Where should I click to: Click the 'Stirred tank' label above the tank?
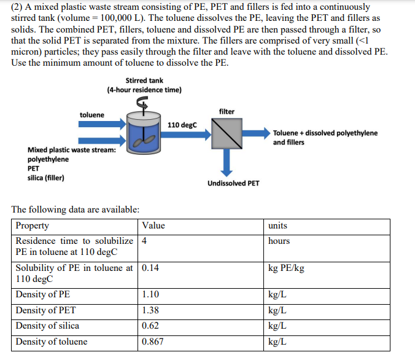point(144,80)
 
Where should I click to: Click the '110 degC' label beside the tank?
point(182,125)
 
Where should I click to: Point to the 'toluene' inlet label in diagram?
point(92,115)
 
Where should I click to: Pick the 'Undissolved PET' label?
point(233,183)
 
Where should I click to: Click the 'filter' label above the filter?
point(227,111)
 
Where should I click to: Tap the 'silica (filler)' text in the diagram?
point(46,178)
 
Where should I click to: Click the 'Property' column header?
point(33,225)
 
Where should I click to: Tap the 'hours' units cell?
point(279,241)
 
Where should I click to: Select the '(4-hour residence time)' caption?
point(144,90)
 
